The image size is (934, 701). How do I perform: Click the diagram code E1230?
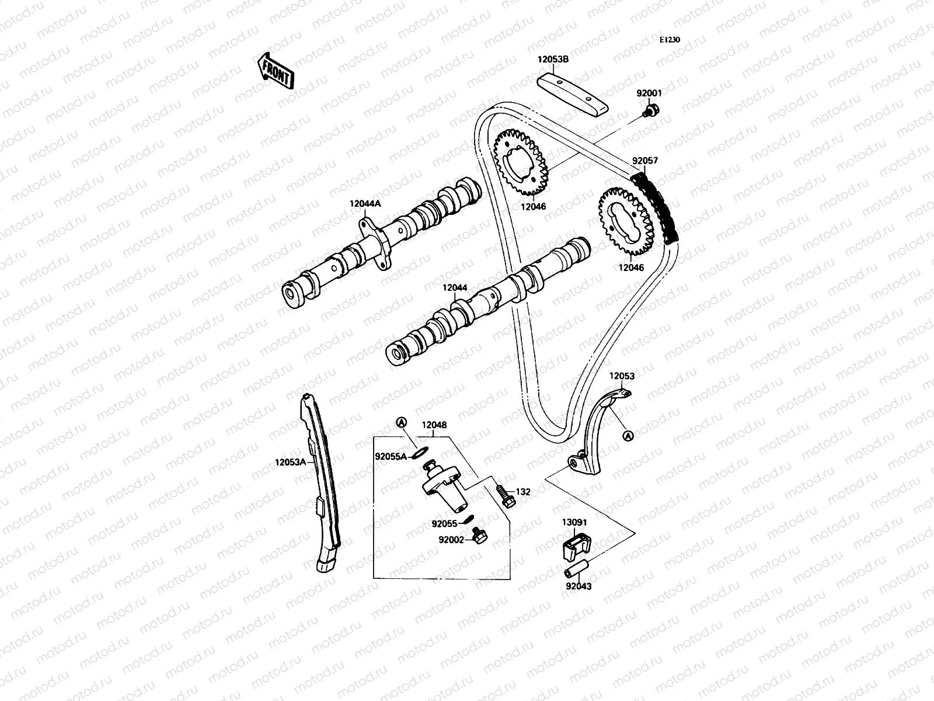point(670,40)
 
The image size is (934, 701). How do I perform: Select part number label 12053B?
point(553,60)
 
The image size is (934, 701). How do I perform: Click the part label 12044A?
point(365,204)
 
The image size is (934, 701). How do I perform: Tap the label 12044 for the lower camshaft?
point(454,288)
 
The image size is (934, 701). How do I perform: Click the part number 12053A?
point(291,461)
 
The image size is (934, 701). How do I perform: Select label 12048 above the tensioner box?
point(434,425)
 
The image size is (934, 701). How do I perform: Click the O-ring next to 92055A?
point(420,451)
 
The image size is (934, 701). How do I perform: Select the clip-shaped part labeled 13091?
point(576,544)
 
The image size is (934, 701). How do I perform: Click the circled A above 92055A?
point(401,422)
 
